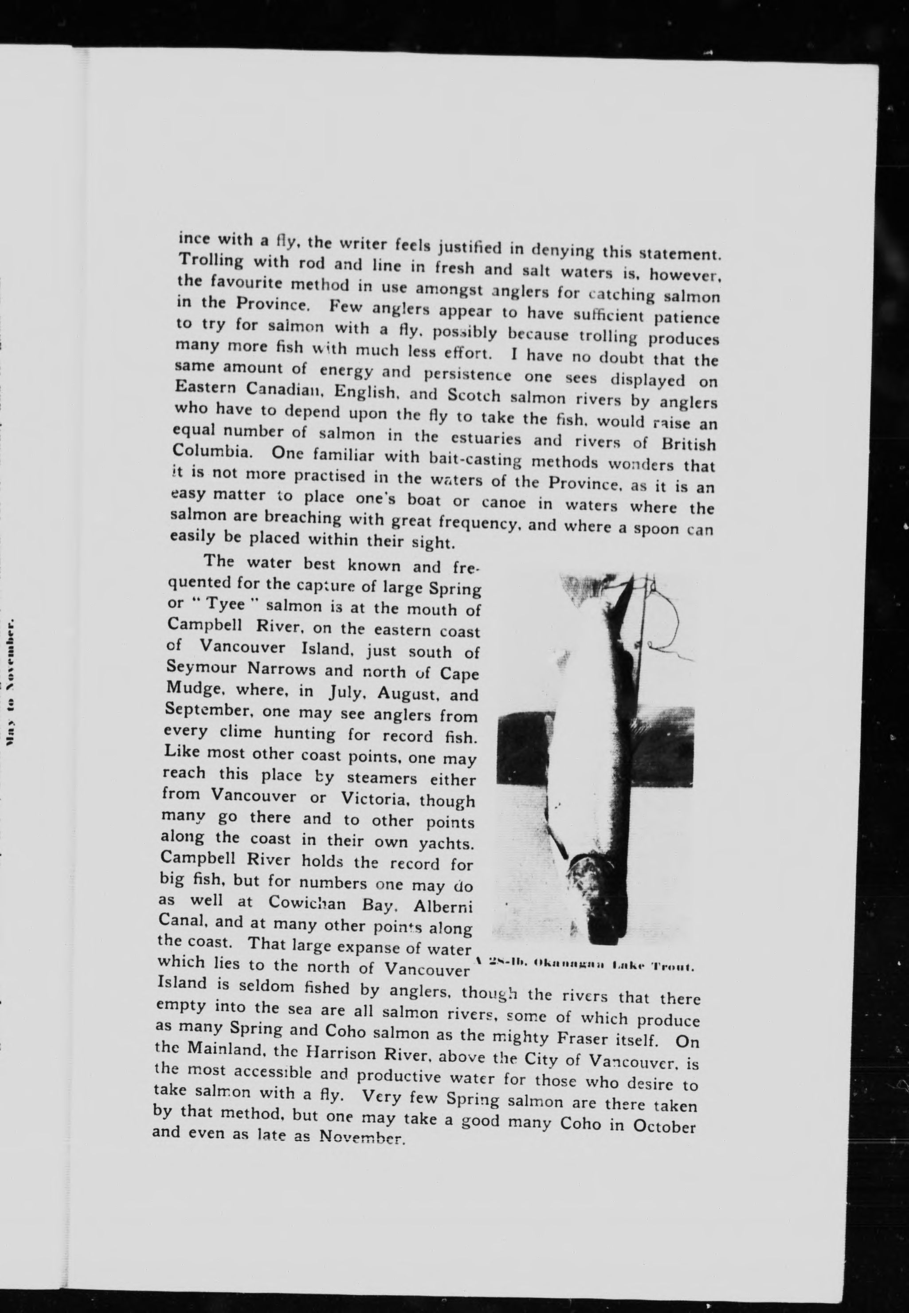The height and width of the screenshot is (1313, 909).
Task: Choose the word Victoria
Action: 376,799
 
